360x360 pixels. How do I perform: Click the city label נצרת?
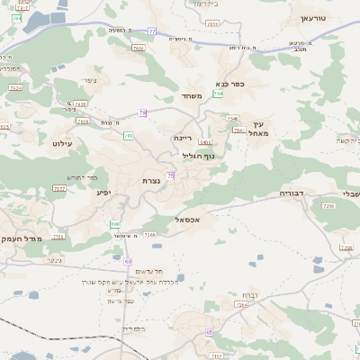click(151, 181)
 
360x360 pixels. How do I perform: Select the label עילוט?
click(62, 143)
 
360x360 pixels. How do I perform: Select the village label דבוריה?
click(292, 193)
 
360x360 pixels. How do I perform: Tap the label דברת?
click(250, 295)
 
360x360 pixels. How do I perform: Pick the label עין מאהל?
click(262, 129)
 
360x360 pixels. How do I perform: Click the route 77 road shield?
click(152, 31)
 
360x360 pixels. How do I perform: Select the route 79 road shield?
click(142, 112)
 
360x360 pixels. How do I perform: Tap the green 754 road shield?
click(218, 94)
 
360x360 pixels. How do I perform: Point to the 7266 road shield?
click(149, 235)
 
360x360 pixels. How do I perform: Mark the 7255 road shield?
click(328, 205)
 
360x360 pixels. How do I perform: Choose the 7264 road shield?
click(241, 305)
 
